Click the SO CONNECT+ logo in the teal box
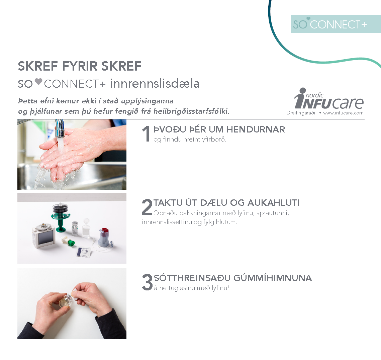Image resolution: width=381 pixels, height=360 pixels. pos(330,24)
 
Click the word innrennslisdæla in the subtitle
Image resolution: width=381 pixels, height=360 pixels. pos(155,83)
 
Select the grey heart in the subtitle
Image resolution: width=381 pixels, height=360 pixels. pos(38,81)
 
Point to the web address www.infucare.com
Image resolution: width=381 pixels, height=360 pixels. pos(343,113)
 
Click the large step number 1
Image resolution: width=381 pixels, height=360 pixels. pos(146,133)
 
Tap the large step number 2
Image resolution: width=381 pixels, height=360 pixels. pos(147,207)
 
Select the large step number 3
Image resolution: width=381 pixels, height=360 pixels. pos(147,282)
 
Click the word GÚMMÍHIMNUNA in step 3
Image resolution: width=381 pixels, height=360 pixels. pos(273,278)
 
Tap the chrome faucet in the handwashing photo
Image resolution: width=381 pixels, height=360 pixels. pos(60,127)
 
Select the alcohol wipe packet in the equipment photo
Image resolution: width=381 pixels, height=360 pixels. pos(84,252)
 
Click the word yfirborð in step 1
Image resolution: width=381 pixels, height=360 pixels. pos(214,140)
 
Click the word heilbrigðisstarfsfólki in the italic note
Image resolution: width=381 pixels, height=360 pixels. pos(191,111)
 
